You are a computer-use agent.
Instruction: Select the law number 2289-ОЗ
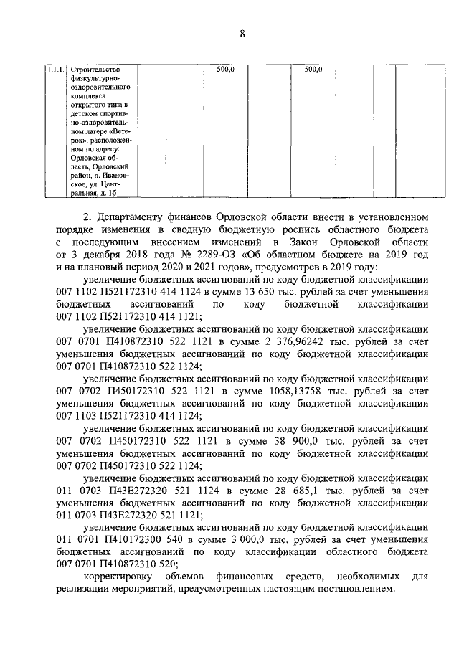[x=207, y=255]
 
